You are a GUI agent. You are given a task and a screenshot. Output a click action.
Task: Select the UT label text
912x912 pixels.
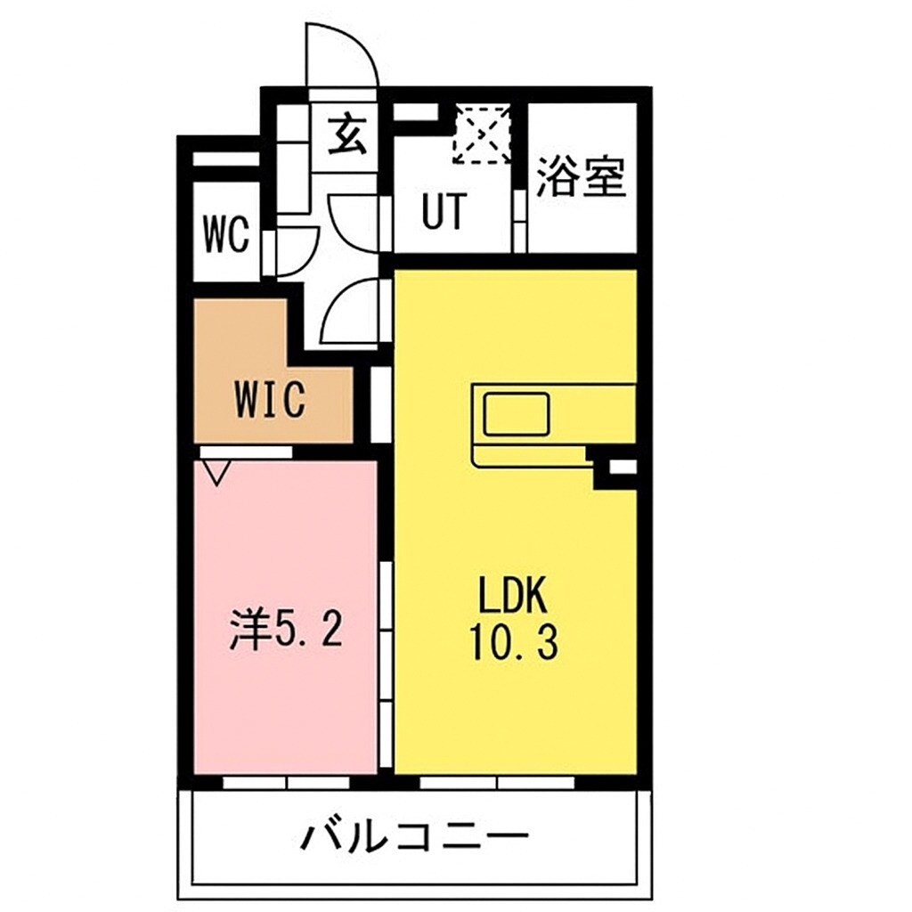click(x=443, y=214)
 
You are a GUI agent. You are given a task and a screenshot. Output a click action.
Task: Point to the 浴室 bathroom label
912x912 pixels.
click(x=582, y=177)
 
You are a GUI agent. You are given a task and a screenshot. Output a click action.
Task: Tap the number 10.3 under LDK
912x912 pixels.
click(x=514, y=642)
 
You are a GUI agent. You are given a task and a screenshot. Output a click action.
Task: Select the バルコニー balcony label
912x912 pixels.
click(x=414, y=837)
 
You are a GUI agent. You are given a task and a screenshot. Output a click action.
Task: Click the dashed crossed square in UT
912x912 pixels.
click(x=482, y=134)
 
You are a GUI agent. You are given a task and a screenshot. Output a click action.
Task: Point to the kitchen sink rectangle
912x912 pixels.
click(x=517, y=413)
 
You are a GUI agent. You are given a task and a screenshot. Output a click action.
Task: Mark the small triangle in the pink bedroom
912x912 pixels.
click(x=215, y=471)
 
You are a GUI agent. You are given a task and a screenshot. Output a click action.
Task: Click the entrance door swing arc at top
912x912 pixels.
click(x=342, y=53)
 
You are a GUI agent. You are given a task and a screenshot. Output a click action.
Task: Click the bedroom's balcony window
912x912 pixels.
click(x=286, y=783)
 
